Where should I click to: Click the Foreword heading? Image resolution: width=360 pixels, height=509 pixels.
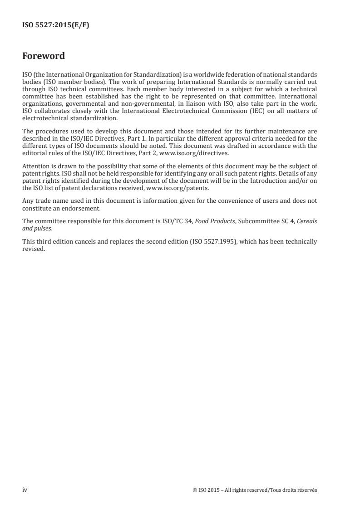click(x=44, y=56)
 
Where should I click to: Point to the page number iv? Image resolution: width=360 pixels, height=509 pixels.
click(x=25, y=490)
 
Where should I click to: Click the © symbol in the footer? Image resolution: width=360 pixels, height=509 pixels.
click(x=194, y=490)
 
